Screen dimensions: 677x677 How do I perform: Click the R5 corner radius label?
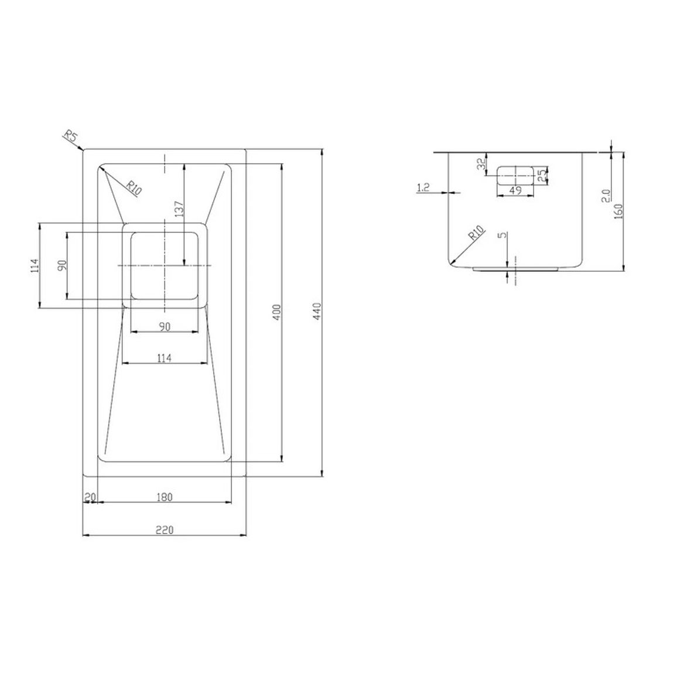[x=71, y=137]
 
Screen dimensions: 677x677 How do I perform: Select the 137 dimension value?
[x=179, y=210]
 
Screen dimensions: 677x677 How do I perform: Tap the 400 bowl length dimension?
[x=277, y=312]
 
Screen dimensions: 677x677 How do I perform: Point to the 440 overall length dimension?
[x=317, y=312]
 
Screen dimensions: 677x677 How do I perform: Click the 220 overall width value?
[x=165, y=530]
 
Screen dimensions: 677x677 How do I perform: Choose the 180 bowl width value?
[x=165, y=497]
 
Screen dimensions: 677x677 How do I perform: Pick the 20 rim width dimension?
[x=90, y=497]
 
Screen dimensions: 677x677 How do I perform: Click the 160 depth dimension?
[x=618, y=211]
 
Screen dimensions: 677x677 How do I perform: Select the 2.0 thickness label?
[x=606, y=196]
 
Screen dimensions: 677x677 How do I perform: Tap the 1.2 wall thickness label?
[x=423, y=187]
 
